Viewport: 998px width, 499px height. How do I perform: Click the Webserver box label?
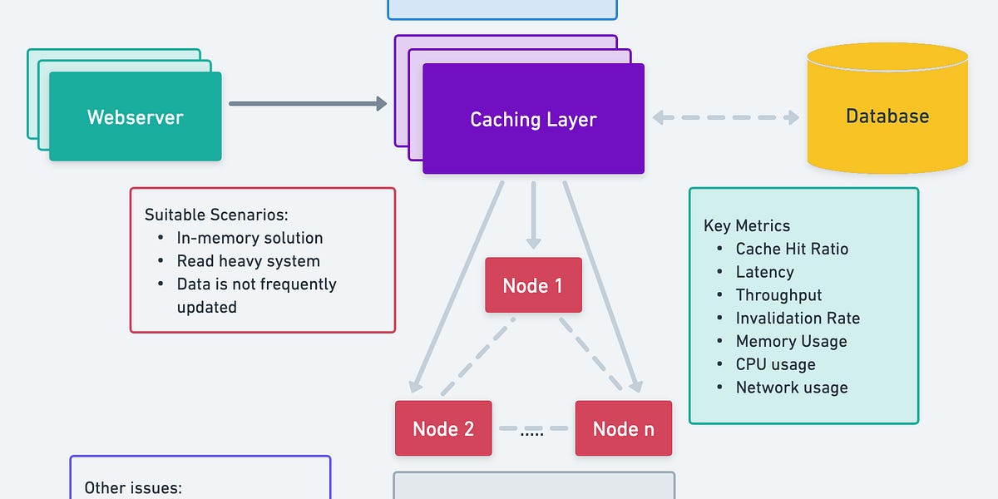pos(135,116)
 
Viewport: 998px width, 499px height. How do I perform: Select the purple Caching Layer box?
pos(533,119)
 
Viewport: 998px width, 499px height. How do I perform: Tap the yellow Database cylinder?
pos(887,116)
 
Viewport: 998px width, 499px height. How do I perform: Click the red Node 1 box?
pos(533,286)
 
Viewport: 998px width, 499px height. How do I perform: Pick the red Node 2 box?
pos(443,428)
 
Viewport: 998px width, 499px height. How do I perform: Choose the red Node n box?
pos(623,428)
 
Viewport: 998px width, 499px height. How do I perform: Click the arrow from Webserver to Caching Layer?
pos(308,103)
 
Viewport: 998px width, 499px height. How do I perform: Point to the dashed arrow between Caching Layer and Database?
pos(725,117)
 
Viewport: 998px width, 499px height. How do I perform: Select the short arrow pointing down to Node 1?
pos(533,214)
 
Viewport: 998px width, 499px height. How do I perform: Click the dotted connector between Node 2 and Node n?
pos(532,430)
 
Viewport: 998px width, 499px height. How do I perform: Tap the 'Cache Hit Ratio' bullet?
pos(792,249)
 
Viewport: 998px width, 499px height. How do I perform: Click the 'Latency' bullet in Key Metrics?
pos(764,272)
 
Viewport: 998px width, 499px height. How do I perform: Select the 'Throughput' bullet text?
pos(778,295)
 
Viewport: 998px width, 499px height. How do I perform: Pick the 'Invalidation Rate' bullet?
pos(798,319)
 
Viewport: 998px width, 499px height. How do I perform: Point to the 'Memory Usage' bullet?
pos(791,342)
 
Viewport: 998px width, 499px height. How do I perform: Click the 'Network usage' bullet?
pos(792,388)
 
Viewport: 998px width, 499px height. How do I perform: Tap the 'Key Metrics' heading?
pos(747,225)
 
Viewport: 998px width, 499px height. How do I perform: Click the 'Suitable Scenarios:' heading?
pos(216,215)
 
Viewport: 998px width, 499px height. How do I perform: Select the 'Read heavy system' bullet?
pos(248,261)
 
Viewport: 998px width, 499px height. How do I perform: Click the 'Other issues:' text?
pos(133,488)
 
